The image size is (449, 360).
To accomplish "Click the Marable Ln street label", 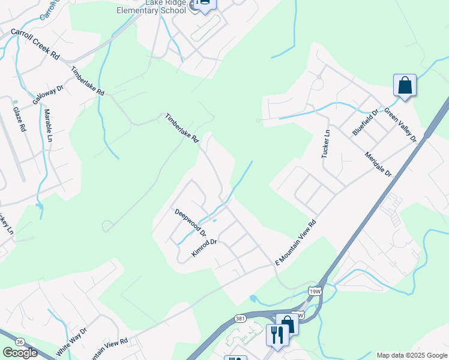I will point(48,125).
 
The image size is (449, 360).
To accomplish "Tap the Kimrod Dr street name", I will point(203,248).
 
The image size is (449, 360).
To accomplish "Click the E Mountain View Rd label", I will point(295,243).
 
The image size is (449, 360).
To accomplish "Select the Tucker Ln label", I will point(326,144).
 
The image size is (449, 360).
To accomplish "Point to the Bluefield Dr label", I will point(366,122).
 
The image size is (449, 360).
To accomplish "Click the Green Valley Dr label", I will point(400,125).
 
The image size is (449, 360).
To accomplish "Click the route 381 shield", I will point(241,317).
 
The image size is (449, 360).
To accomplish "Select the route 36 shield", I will point(20,341).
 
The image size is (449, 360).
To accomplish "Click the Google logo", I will point(20,353).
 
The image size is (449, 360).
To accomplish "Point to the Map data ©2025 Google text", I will point(412,355).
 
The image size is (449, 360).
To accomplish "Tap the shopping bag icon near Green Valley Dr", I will point(405,85).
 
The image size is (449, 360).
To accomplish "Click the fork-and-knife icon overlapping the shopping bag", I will point(277,334).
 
